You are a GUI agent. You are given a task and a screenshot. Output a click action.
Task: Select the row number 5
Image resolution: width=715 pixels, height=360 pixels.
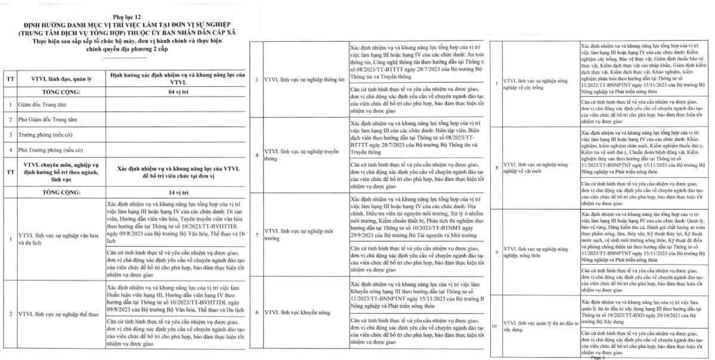(256, 233)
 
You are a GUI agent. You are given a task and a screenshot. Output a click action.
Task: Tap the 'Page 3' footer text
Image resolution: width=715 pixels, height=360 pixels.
(598, 358)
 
